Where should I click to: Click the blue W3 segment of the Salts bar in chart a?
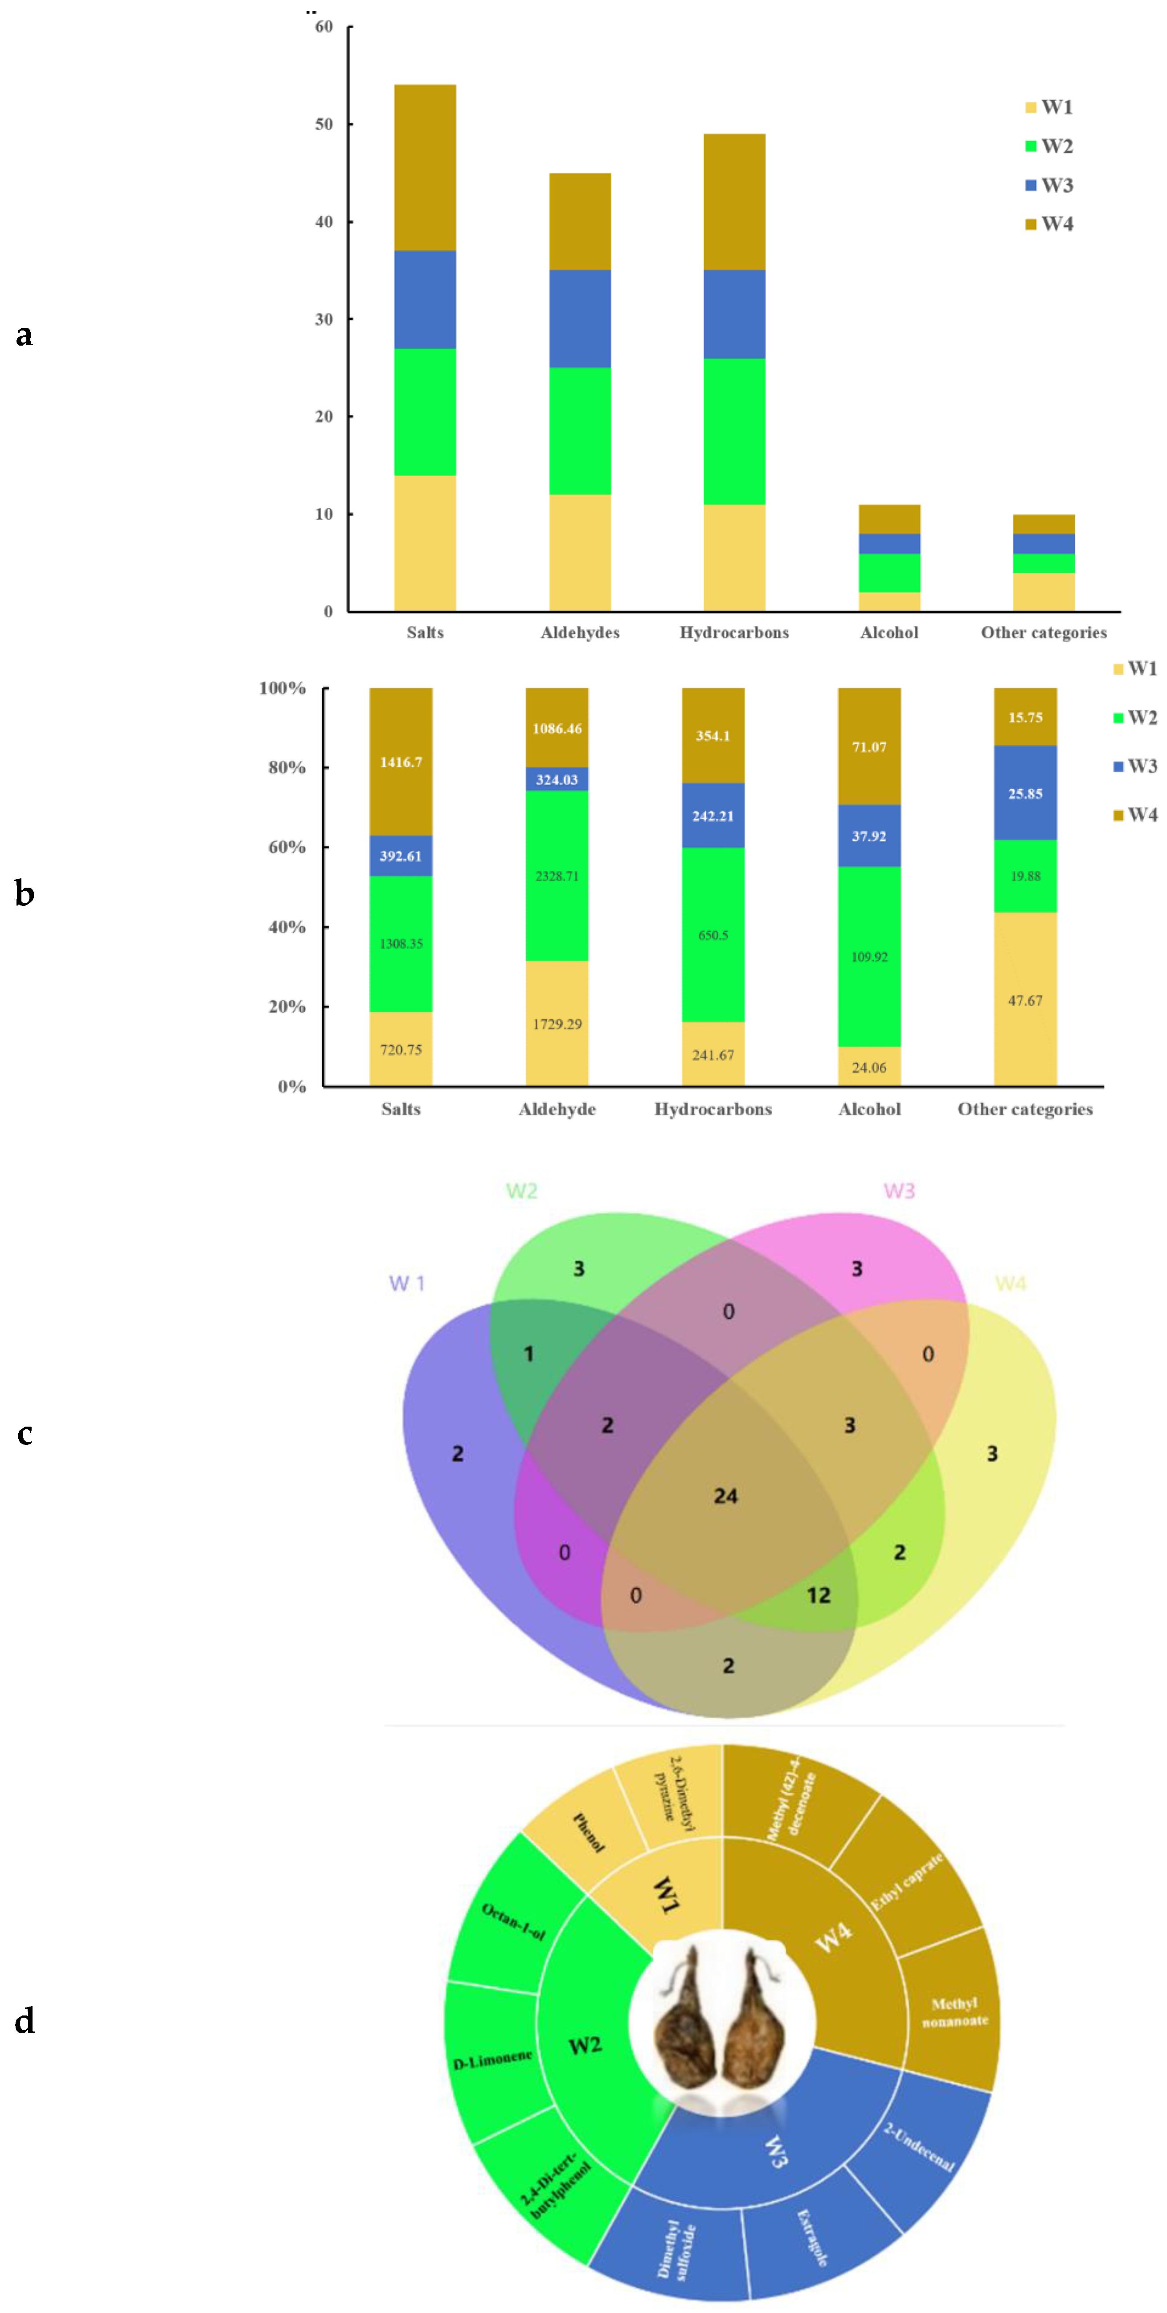pos(425,299)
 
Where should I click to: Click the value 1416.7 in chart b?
pos(401,763)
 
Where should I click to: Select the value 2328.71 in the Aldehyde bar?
pos(557,876)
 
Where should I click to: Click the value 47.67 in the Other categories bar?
pos(1025,1000)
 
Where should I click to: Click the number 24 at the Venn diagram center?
pos(726,1496)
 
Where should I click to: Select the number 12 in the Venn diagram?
pos(819,1595)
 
